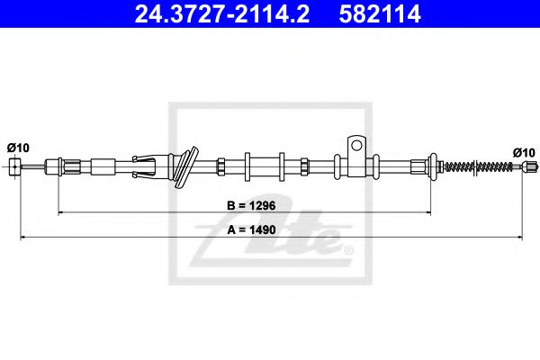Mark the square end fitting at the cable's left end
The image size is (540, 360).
coord(15,166)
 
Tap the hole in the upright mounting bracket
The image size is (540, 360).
coord(357,144)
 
